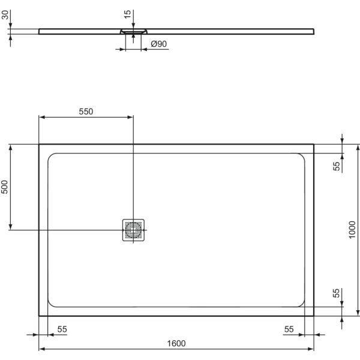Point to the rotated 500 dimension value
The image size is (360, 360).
click(x=5, y=187)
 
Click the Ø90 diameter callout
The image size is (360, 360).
click(x=158, y=44)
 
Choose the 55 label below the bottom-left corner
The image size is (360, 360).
click(x=62, y=329)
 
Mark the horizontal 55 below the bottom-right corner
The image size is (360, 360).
click(x=289, y=329)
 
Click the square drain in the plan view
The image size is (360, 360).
click(x=133, y=230)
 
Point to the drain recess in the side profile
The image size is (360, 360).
click(x=133, y=31)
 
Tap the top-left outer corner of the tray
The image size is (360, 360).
click(x=39, y=144)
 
